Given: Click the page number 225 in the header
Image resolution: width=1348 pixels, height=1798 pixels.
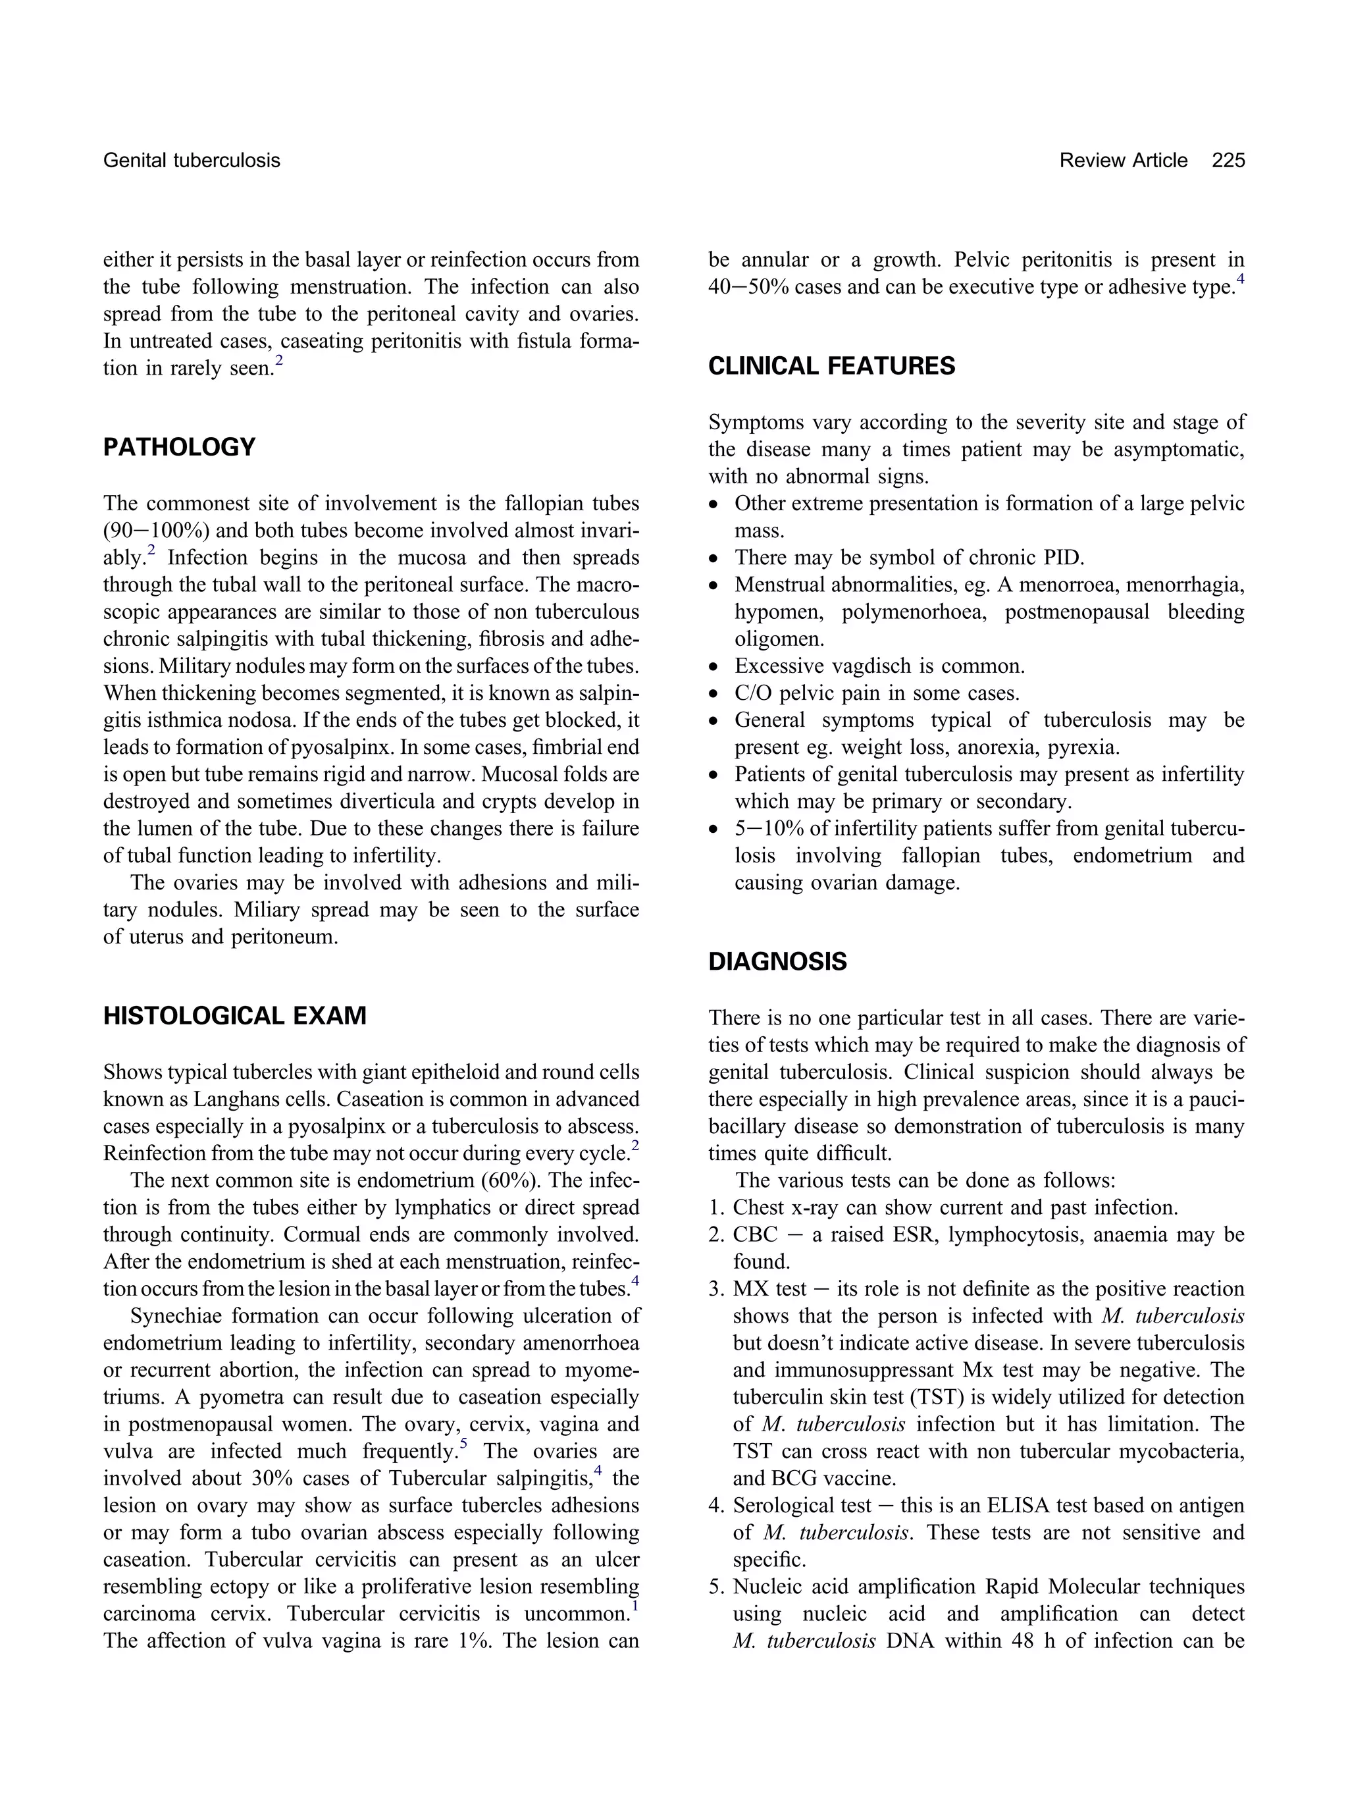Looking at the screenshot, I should (1227, 160).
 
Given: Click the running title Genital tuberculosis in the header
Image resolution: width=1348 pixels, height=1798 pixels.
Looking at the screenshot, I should (191, 160).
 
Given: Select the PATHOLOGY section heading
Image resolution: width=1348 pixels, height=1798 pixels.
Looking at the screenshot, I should (179, 447).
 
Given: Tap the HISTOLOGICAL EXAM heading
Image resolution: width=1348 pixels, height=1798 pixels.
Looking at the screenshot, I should (234, 1016).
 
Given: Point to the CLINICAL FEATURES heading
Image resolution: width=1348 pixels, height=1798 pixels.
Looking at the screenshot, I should (831, 366).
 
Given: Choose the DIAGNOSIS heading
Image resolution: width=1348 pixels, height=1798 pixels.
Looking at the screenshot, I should (777, 962).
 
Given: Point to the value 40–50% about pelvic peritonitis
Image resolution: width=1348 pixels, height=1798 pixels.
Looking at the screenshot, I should (748, 287).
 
